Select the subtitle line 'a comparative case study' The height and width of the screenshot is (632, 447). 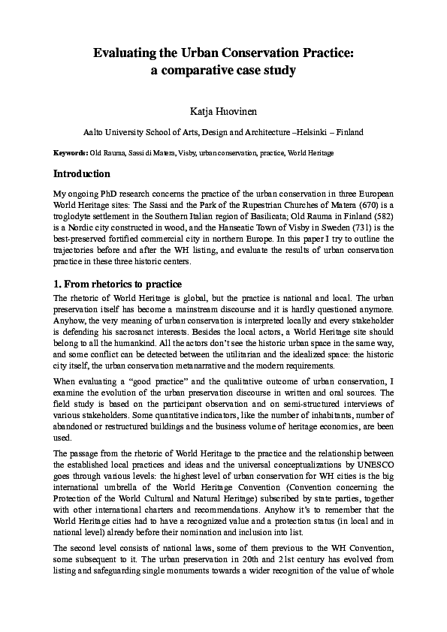(x=223, y=71)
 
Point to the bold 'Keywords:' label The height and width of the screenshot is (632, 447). (x=71, y=153)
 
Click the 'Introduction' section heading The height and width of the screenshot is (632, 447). (x=82, y=173)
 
